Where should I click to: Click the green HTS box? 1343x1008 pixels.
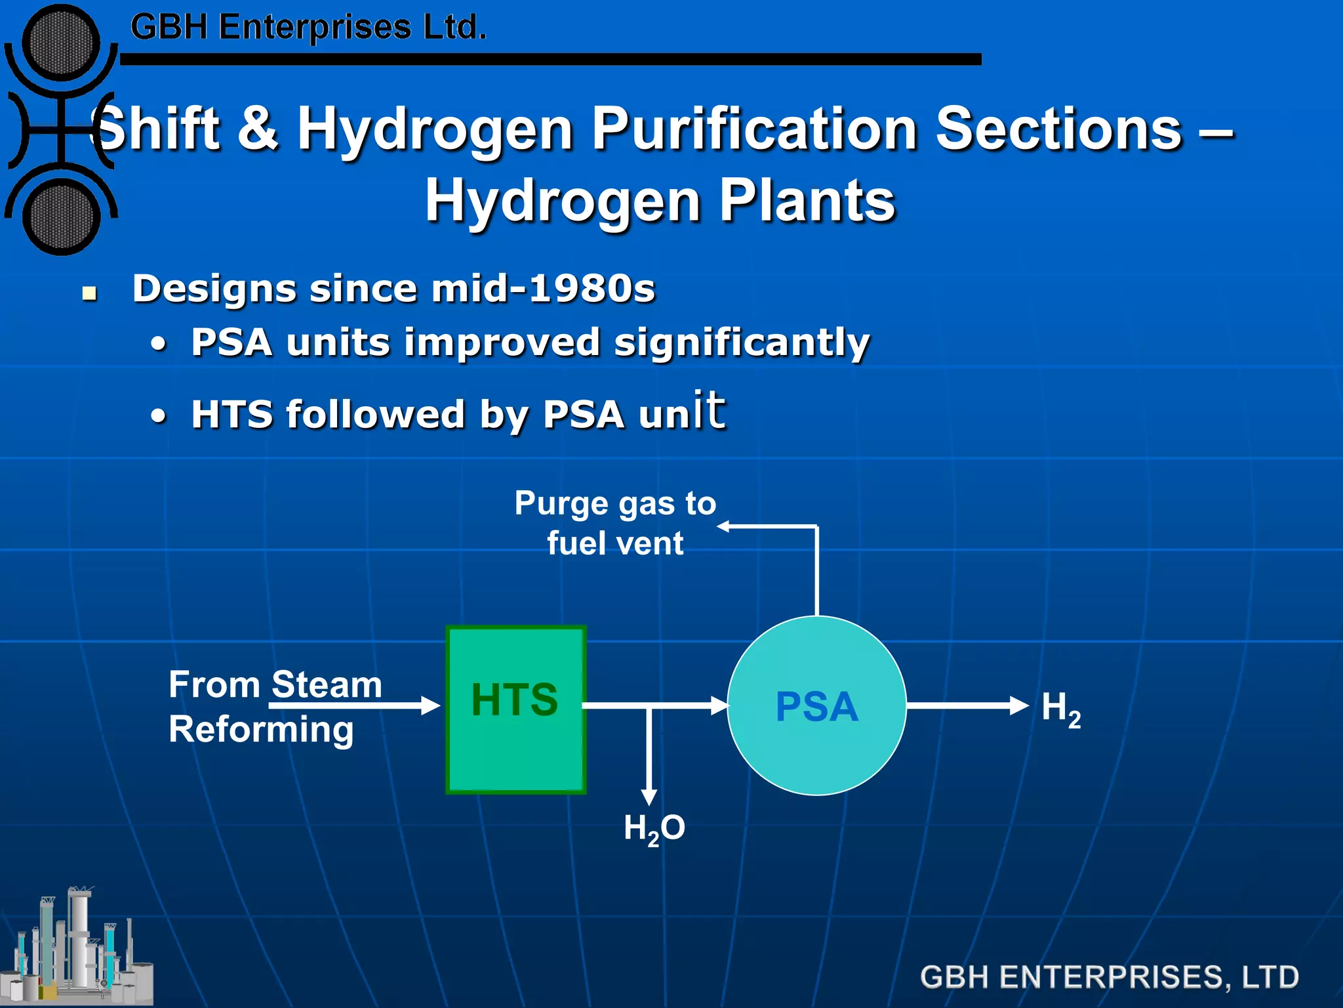515,710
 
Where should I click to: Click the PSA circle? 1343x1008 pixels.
816,706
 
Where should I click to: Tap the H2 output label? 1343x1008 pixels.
1060,709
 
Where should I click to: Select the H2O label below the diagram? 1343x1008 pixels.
654,829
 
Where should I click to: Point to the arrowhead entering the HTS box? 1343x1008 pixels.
431,705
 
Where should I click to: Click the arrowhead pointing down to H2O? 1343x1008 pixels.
649,796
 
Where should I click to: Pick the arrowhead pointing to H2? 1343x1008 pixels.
1020,705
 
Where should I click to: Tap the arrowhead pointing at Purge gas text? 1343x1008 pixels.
724,526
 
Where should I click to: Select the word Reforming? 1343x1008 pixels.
261,730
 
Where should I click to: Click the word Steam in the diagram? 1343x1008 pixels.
327,684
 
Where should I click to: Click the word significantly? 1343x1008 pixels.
742,343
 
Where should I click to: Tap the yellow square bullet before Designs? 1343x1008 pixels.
90,293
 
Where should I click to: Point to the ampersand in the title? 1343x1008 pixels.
258,127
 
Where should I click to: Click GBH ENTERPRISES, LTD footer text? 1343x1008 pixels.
1109,977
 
